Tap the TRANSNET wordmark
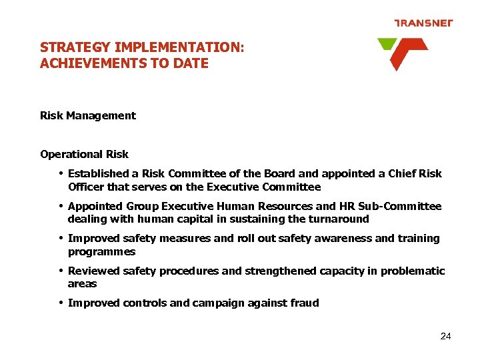[x=423, y=23]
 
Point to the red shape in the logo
[x=405, y=53]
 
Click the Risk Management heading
[x=88, y=116]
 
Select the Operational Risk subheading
[x=84, y=155]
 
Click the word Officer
[x=87, y=187]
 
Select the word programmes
[x=101, y=252]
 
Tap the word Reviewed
[x=93, y=271]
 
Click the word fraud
[x=305, y=303]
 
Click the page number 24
[x=446, y=337]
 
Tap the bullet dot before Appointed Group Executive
[x=61, y=206]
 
